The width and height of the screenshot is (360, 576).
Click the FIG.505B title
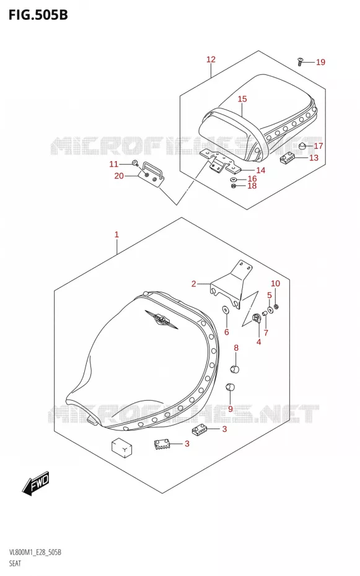pyautogui.click(x=38, y=15)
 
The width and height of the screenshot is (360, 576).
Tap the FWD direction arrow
pyautogui.click(x=35, y=483)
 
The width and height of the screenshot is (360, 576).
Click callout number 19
pyautogui.click(x=321, y=62)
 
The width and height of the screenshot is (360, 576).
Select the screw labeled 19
pyautogui.click(x=300, y=61)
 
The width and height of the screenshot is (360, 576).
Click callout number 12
pyautogui.click(x=211, y=59)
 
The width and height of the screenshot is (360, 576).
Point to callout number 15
pyautogui.click(x=242, y=99)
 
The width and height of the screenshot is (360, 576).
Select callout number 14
pyautogui.click(x=261, y=170)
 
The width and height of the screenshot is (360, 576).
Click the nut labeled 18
pyautogui.click(x=233, y=186)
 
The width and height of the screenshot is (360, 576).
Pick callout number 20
pyautogui.click(x=119, y=176)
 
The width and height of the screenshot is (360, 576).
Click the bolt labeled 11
pyautogui.click(x=134, y=164)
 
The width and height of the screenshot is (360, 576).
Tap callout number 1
pyautogui.click(x=116, y=234)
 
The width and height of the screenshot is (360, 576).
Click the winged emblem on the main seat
pyautogui.click(x=161, y=318)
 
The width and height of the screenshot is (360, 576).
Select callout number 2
pyautogui.click(x=193, y=284)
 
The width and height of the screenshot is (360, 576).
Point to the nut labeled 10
pyautogui.click(x=276, y=307)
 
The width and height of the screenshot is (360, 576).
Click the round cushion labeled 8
pyautogui.click(x=235, y=369)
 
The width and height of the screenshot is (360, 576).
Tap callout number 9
pyautogui.click(x=230, y=409)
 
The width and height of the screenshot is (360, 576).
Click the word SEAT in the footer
pyautogui.click(x=15, y=563)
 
